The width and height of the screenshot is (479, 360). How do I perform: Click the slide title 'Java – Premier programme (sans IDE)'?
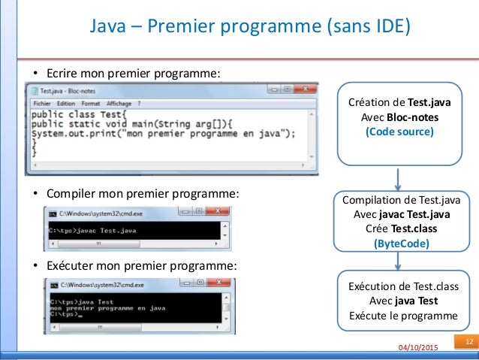point(250,28)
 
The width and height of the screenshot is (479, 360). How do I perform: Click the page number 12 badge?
point(467,343)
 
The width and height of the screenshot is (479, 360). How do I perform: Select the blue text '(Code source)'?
point(399,132)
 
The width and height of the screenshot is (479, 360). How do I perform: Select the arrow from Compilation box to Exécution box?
point(399,261)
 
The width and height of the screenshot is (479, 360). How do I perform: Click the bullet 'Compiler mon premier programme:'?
point(136,193)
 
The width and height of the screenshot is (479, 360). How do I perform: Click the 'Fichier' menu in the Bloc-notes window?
point(42,103)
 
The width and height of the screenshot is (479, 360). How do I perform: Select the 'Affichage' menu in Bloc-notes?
point(119,103)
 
